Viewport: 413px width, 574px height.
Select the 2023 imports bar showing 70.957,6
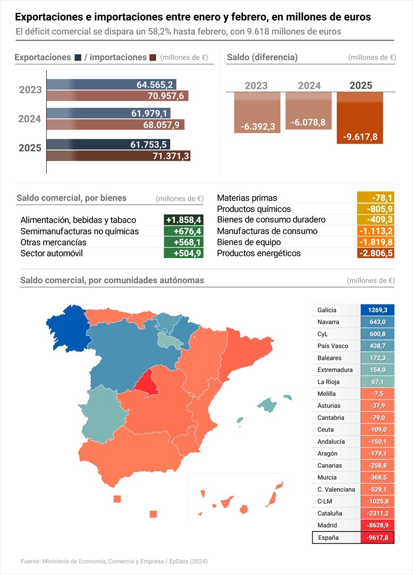click(117, 96)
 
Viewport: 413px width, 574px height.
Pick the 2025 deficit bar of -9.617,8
click(360, 117)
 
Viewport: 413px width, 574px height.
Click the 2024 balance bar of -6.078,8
click(308, 111)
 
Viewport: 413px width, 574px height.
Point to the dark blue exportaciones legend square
click(78, 57)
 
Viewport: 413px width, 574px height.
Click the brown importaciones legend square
click(153, 57)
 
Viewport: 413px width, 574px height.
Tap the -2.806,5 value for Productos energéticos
click(375, 254)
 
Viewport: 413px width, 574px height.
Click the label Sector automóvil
click(52, 254)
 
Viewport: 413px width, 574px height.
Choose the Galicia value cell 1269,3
click(377, 310)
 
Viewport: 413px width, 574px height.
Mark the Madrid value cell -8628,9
click(377, 525)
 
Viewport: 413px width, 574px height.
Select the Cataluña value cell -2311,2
click(377, 513)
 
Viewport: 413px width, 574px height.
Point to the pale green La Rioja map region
click(168, 340)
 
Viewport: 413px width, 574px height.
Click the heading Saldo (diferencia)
click(262, 57)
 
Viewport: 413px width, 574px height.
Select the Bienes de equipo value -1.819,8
click(375, 242)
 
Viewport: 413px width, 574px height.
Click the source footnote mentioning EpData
click(114, 561)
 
